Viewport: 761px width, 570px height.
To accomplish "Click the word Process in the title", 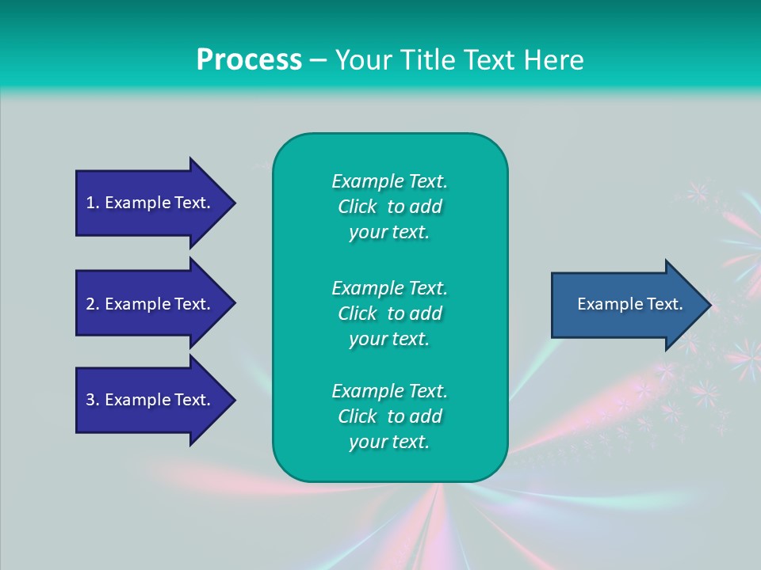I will point(249,60).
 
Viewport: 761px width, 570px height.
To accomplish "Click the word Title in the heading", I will point(424,60).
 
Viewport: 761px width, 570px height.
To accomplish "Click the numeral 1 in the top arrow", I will point(90,203).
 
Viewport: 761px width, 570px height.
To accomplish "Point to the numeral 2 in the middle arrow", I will point(90,304).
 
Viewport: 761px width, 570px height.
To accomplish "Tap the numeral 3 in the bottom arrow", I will point(90,400).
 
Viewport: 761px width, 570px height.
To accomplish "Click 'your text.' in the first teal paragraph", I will point(389,233).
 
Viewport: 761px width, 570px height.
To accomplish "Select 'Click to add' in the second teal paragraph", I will point(389,313).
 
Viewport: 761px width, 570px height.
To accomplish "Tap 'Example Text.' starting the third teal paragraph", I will point(389,391).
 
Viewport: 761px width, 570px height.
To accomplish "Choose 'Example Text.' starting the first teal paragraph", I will point(389,181).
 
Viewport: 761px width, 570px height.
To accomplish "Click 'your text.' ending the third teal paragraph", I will point(389,443).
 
